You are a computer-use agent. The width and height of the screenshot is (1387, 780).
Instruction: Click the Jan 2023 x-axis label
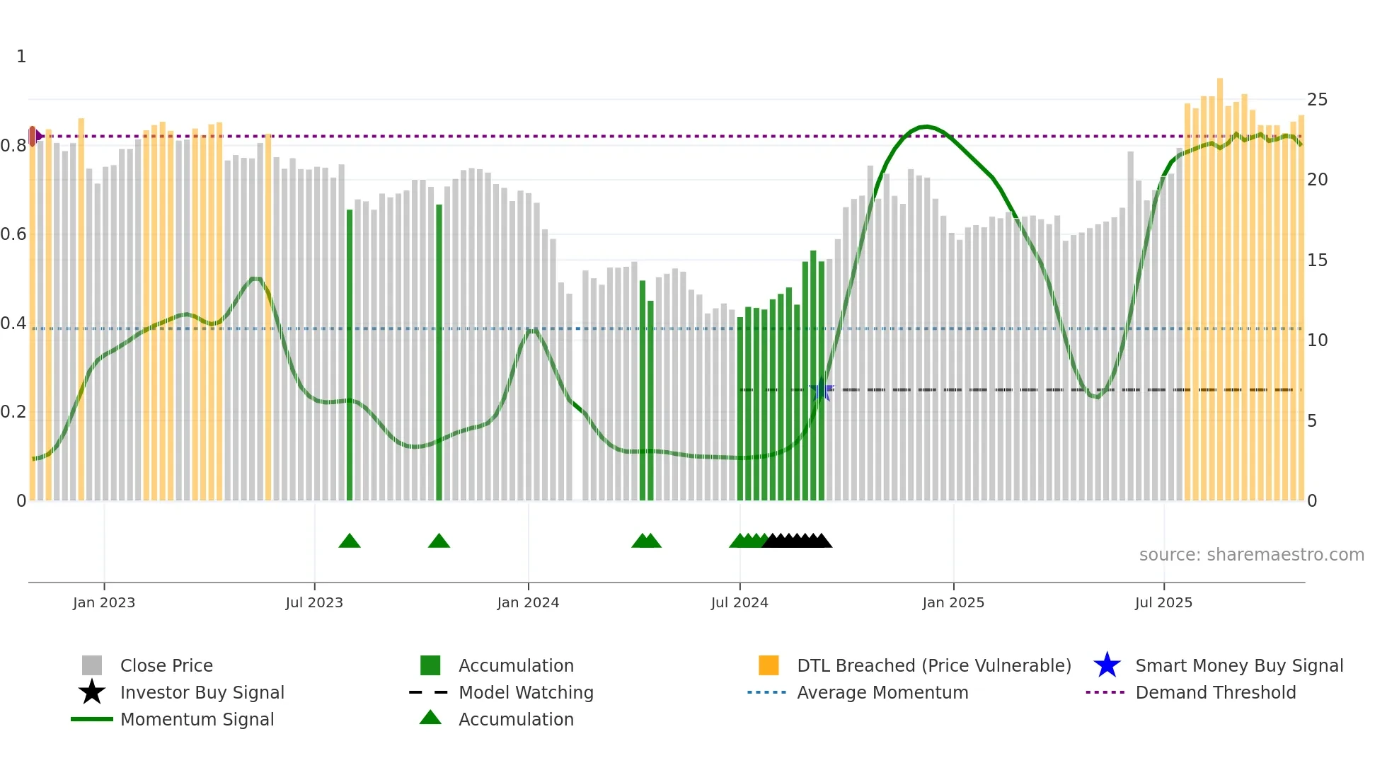click(104, 603)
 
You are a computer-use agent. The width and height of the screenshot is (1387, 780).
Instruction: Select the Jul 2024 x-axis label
click(739, 603)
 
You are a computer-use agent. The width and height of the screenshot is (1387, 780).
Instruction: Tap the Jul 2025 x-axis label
click(1163, 603)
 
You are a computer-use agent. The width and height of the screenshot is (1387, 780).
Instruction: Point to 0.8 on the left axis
click(13, 146)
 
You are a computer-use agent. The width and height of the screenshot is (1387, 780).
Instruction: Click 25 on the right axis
click(1317, 100)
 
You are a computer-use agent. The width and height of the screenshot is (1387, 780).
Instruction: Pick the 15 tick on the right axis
click(1317, 260)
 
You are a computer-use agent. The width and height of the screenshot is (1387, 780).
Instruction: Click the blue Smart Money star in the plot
click(822, 390)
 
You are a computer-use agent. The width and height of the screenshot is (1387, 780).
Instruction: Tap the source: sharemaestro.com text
click(1251, 555)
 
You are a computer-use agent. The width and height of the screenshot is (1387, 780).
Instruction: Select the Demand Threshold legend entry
click(1215, 693)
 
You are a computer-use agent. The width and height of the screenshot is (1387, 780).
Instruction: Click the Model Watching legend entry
click(526, 693)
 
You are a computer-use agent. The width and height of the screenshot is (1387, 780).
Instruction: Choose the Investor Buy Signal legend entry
click(202, 693)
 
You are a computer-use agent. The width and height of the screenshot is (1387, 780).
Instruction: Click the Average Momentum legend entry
click(882, 693)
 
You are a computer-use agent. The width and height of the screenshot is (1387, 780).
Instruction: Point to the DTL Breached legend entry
click(933, 666)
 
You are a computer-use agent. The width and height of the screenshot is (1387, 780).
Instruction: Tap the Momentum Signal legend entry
click(197, 720)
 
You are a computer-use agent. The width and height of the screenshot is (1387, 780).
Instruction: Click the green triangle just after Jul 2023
click(350, 541)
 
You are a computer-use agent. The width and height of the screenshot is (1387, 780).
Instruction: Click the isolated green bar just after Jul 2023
click(350, 354)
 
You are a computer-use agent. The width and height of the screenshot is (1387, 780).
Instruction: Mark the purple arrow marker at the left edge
click(35, 136)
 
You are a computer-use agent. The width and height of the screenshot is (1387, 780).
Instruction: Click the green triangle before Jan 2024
click(439, 541)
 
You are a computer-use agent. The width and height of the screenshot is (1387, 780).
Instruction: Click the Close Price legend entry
click(166, 666)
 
